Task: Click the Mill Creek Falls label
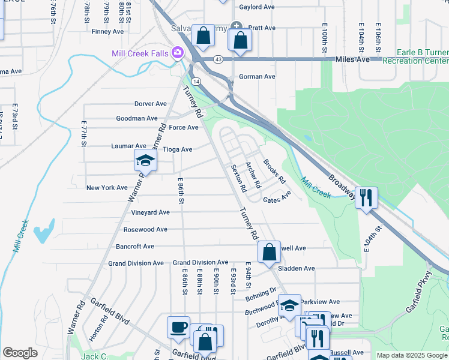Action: click(140, 53)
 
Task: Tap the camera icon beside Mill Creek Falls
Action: click(178, 53)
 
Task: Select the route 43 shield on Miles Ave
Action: click(217, 59)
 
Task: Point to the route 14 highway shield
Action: click(196, 80)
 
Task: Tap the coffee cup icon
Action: click(178, 327)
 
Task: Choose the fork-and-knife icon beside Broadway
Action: click(366, 197)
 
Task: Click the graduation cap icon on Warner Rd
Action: click(145, 160)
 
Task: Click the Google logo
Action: click(20, 353)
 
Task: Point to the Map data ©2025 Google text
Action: click(411, 355)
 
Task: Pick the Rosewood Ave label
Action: click(145, 229)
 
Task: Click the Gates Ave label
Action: click(276, 197)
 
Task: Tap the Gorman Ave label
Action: click(257, 77)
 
